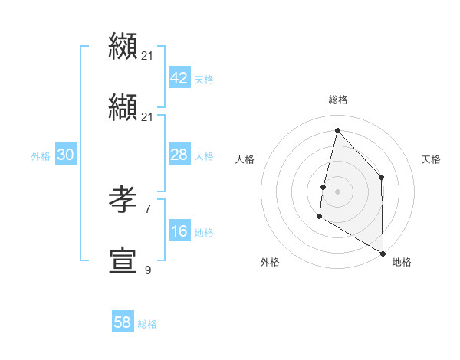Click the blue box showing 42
(x=179, y=78)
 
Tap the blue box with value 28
(x=179, y=155)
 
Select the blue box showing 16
(x=179, y=231)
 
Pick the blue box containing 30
(x=65, y=155)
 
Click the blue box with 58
(x=122, y=322)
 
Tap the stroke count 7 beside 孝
(x=148, y=208)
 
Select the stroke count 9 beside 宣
(x=148, y=270)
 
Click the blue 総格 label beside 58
(x=147, y=324)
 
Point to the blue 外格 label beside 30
(x=41, y=156)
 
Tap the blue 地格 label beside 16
(x=204, y=233)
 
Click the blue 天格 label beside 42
(x=204, y=80)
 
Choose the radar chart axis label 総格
(x=338, y=100)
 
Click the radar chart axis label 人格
(x=245, y=159)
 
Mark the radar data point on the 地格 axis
(x=383, y=253)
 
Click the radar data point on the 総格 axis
(x=337, y=130)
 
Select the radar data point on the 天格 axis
(x=381, y=177)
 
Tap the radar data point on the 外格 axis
(x=319, y=217)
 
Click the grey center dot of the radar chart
(x=337, y=191)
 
